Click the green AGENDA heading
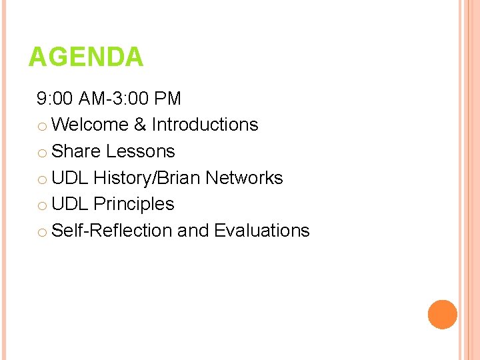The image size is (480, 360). tap(85, 57)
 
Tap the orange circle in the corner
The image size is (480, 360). tap(443, 315)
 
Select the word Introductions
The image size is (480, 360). tap(205, 125)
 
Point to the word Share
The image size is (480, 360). tap(76, 151)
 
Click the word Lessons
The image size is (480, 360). tap(140, 151)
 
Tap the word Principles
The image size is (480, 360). tap(134, 204)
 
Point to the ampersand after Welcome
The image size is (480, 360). tap(140, 125)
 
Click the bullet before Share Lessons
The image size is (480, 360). tap(42, 153)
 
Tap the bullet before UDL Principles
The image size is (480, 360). tap(42, 205)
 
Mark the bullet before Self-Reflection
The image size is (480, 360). tap(42, 232)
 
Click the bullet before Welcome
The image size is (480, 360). tap(42, 126)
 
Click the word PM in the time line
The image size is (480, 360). tap(167, 99)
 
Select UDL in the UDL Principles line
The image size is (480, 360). tap(70, 204)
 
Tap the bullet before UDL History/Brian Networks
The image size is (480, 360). tap(42, 179)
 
